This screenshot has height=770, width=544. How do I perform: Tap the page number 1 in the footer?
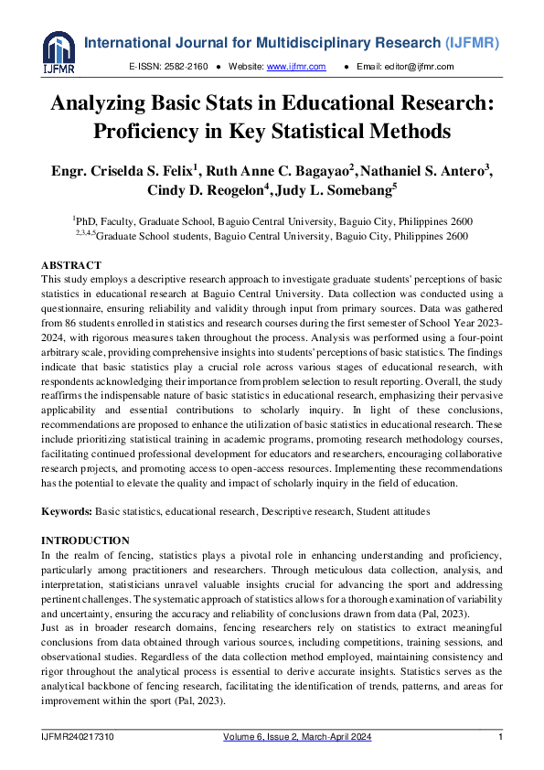500,737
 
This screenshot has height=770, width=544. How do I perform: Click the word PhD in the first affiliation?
87,222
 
